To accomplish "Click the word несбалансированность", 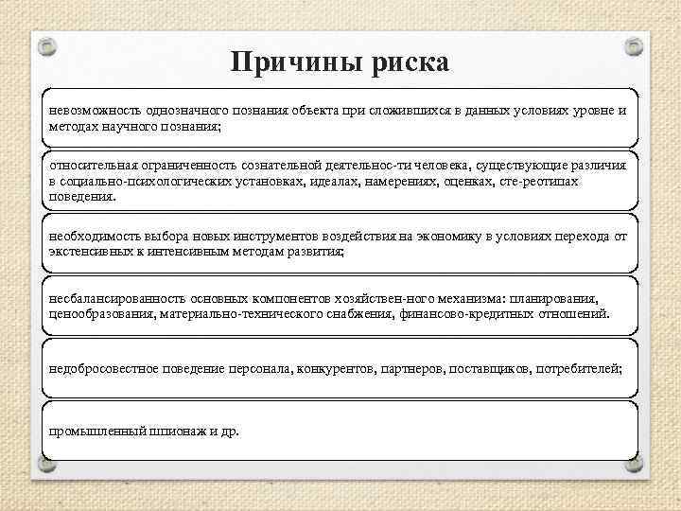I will pyautogui.click(x=114, y=297).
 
